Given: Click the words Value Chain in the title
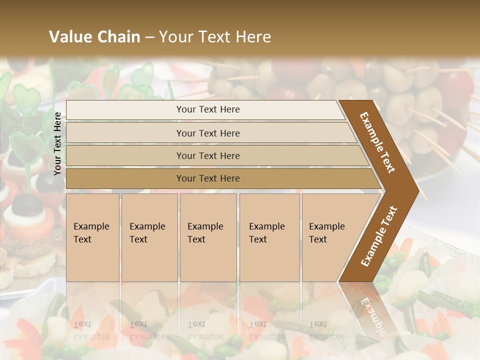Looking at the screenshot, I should point(94,37).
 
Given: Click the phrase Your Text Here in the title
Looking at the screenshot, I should point(215,37).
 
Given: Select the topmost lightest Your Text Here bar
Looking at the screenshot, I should point(207,109).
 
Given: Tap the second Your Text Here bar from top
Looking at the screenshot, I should point(207,133).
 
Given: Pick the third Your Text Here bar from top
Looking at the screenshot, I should point(207,155).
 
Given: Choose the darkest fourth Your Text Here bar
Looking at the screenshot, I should point(207,178).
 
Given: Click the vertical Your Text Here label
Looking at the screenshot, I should point(57,143).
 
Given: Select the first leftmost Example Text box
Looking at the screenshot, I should point(92,237).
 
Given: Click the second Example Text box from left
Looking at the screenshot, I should point(149,237).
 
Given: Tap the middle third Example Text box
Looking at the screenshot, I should point(207,237).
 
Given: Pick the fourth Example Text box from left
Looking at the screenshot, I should point(269,237).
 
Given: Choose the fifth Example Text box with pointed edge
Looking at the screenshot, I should point(330,237).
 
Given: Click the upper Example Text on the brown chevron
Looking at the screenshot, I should point(377,142).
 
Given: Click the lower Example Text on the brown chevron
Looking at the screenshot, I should point(379,236).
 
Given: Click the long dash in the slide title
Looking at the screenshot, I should point(149,37).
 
